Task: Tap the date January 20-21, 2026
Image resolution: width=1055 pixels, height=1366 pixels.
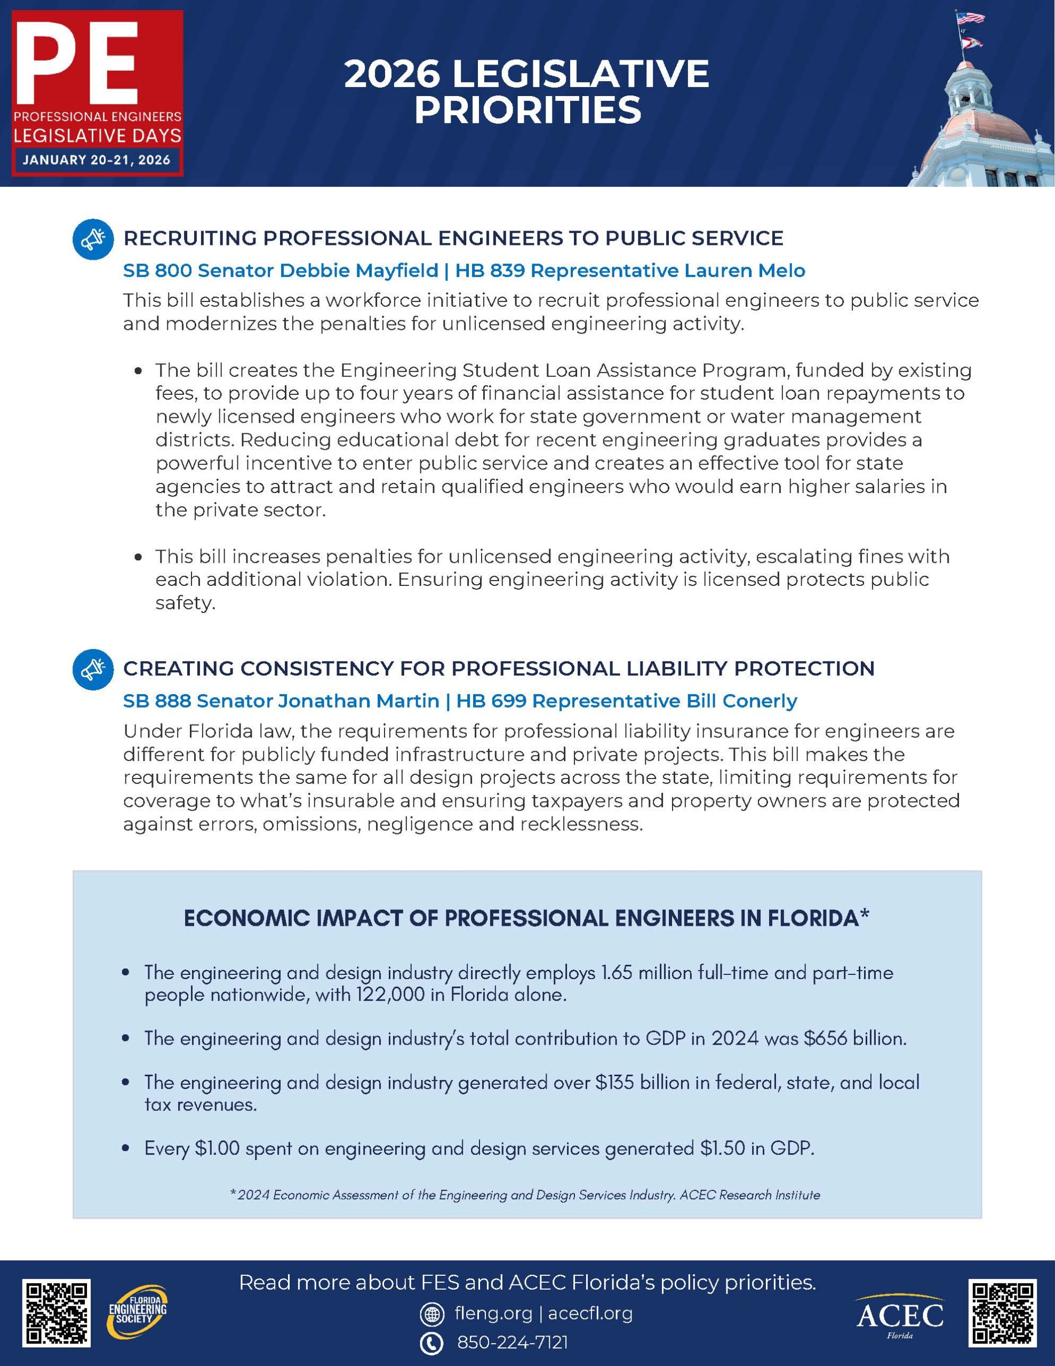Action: click(97, 160)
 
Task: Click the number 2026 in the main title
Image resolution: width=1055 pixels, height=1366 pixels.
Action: click(391, 74)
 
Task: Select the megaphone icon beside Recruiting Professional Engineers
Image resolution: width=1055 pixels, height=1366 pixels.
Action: click(93, 239)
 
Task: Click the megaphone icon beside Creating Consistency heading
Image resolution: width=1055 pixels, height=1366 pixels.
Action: click(93, 669)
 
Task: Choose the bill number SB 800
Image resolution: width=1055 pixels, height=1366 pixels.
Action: click(155, 271)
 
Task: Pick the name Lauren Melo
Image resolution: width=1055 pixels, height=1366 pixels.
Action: click(744, 271)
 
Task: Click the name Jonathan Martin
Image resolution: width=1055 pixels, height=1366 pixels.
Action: click(358, 701)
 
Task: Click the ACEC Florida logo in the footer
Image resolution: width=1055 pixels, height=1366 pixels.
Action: click(899, 1316)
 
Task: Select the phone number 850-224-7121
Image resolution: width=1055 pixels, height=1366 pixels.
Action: click(512, 1342)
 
